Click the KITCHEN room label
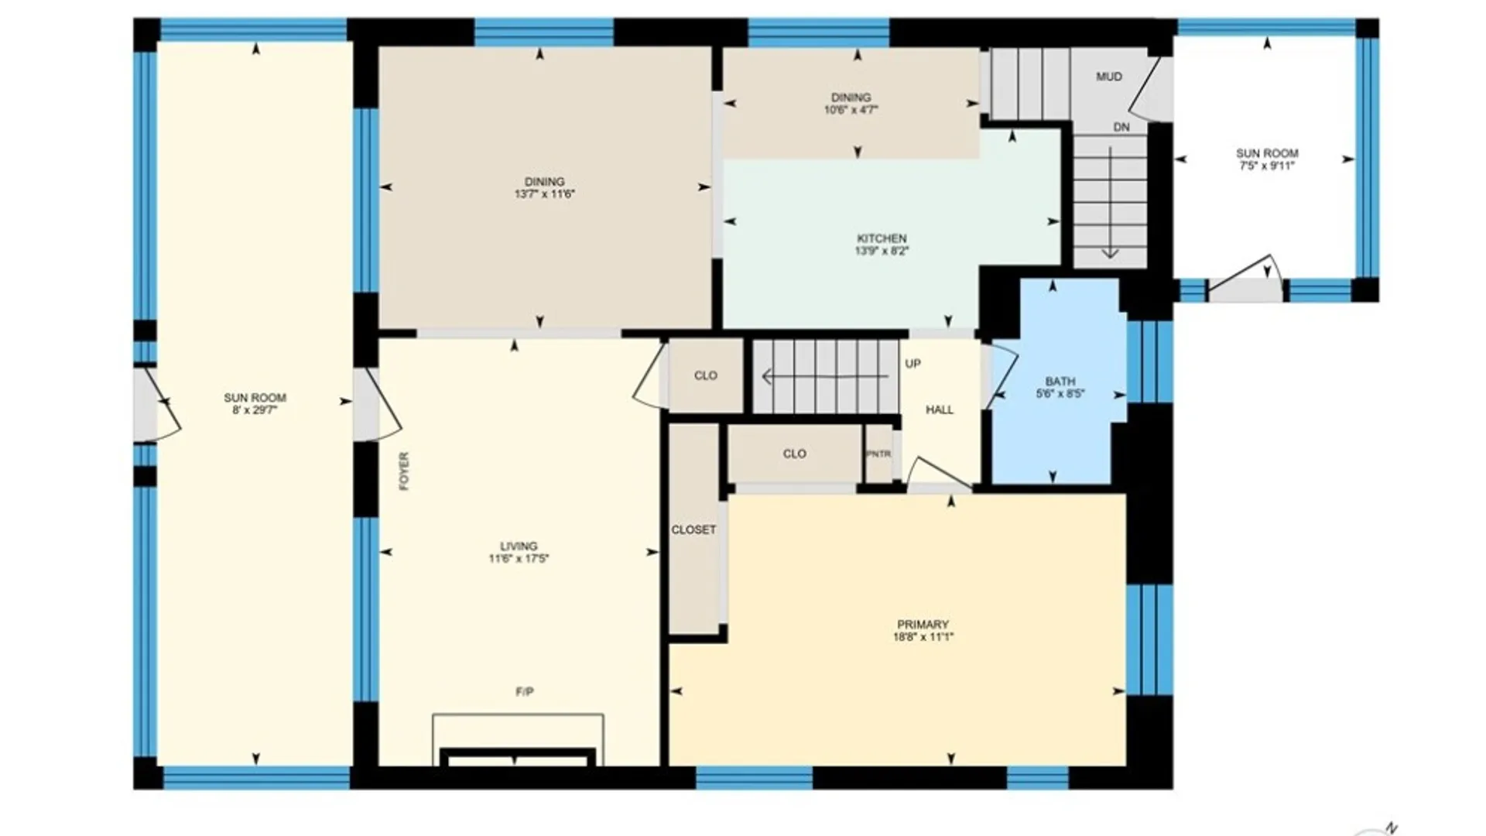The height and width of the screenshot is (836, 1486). (x=882, y=238)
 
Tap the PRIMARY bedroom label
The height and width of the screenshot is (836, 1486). (x=923, y=625)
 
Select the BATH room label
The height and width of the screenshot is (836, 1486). (x=1060, y=382)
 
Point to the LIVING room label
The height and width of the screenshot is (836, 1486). (x=519, y=546)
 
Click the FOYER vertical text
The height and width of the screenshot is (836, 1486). (x=404, y=471)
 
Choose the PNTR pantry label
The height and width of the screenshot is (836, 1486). (x=878, y=454)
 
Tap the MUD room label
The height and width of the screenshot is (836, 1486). (x=1109, y=77)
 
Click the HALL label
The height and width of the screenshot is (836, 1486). (x=940, y=409)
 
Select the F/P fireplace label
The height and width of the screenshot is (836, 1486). (x=525, y=691)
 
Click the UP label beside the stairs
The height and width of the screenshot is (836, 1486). (x=913, y=364)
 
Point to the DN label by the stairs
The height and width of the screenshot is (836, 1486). (x=1121, y=127)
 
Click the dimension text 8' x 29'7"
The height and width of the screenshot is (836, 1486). (x=255, y=410)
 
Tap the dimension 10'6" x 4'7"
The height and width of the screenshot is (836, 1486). (x=851, y=110)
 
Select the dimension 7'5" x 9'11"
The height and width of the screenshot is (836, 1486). (x=1267, y=166)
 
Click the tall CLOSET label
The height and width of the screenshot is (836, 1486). (x=693, y=530)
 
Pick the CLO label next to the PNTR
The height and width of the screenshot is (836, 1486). (x=795, y=454)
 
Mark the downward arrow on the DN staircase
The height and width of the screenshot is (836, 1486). (x=1111, y=202)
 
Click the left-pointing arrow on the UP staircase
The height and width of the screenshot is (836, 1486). (x=825, y=377)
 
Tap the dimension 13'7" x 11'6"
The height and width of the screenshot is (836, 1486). (x=545, y=194)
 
